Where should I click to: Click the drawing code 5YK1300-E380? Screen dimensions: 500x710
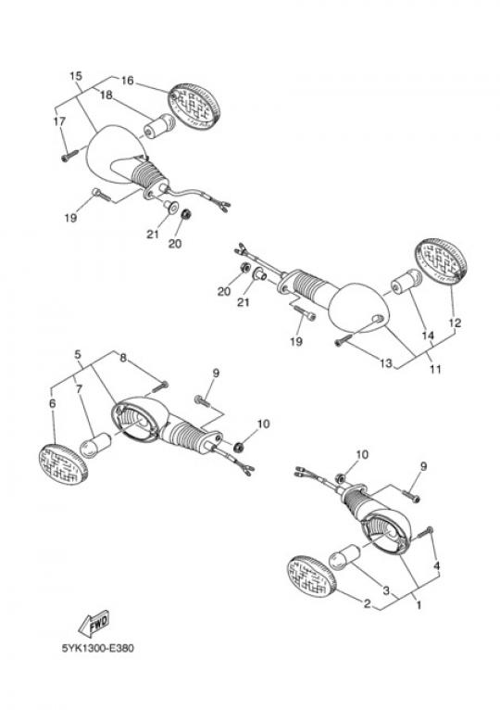[x=98, y=649]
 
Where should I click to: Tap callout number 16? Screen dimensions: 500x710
[x=128, y=81]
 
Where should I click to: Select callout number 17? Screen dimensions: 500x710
[x=59, y=121]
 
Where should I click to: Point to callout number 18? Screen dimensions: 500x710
[x=106, y=95]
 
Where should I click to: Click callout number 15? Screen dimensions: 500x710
[x=76, y=76]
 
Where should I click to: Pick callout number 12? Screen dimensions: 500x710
[x=455, y=323]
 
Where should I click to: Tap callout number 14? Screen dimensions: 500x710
[x=428, y=336]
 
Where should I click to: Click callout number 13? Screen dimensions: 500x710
[x=386, y=363]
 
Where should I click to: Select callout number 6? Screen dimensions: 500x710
[x=53, y=403]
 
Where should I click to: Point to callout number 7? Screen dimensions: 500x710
[x=79, y=388]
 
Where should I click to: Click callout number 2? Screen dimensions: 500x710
[x=367, y=603]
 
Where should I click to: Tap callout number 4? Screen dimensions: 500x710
[x=436, y=565]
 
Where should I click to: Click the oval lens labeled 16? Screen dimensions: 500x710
[x=194, y=106]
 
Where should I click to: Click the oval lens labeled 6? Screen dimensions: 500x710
[x=63, y=464]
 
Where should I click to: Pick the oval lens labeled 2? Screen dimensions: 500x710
[x=312, y=577]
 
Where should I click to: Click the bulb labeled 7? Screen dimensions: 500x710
[x=95, y=445]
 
